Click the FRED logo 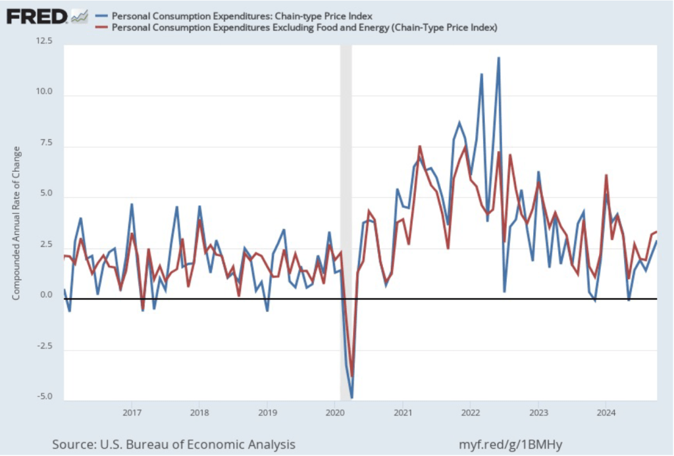[x=37, y=15]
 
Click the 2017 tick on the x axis [x=132, y=413]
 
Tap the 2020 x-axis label [x=335, y=413]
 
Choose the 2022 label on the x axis [x=471, y=413]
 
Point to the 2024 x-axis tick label [x=606, y=413]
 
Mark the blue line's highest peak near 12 [x=498, y=58]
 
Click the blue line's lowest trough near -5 [x=352, y=397]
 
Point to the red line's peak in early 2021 [x=420, y=146]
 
